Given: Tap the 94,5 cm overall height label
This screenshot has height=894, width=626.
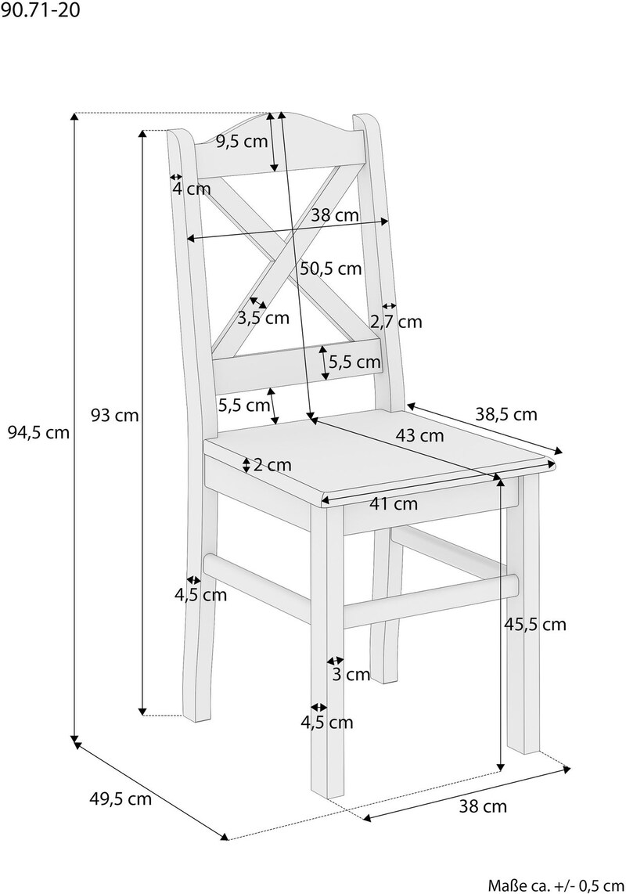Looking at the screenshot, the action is [x=39, y=433].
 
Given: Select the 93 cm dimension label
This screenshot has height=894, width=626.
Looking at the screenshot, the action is [x=115, y=415].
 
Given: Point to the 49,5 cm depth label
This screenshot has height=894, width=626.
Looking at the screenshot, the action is [x=121, y=798].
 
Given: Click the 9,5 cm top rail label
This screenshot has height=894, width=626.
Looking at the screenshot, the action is [x=242, y=142].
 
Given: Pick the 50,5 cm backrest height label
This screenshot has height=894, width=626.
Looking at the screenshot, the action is [x=331, y=268].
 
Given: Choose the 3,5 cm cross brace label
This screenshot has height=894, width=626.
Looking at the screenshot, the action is [x=264, y=318].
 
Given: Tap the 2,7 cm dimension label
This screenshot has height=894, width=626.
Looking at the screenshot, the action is [x=396, y=322].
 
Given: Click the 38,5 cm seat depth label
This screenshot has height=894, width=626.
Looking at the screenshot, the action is [x=506, y=414].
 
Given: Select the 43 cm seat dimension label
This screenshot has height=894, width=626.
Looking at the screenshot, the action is [x=419, y=435].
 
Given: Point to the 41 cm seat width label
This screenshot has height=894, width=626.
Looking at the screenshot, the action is [x=394, y=503].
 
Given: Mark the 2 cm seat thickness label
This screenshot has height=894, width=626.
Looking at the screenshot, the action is [x=272, y=465].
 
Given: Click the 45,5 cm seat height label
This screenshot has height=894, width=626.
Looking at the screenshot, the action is [x=535, y=625].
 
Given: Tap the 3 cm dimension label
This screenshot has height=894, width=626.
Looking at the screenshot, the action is [x=351, y=675].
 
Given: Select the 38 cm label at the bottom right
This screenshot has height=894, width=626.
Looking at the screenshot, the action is [x=483, y=806].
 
